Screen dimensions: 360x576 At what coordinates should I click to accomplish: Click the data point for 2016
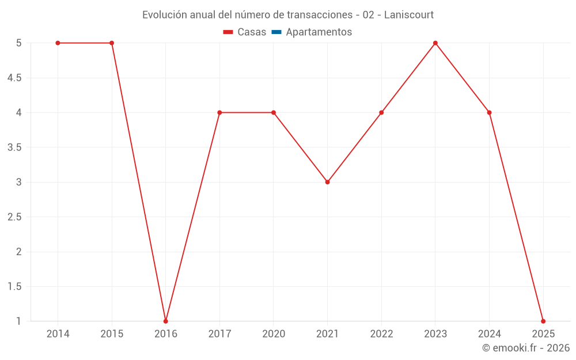click(x=166, y=321)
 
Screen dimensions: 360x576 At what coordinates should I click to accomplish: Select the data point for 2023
click(x=435, y=43)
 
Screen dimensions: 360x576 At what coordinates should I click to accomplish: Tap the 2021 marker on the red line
click(x=327, y=182)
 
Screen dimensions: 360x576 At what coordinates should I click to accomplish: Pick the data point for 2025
click(x=543, y=321)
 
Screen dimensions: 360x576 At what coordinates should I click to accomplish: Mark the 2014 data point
click(x=58, y=43)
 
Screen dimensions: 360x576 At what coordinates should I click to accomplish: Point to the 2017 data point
click(x=219, y=112)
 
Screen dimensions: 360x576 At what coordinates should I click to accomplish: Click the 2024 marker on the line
click(x=489, y=112)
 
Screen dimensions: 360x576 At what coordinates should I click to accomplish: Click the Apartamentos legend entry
click(x=319, y=32)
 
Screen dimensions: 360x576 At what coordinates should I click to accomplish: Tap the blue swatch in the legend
click(x=276, y=32)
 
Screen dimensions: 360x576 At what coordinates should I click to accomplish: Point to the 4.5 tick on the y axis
click(x=14, y=78)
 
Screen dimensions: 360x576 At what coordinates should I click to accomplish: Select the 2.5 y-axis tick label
click(x=14, y=217)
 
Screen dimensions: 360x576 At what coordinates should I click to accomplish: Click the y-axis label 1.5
click(x=14, y=286)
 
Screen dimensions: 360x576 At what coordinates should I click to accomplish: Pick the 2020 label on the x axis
click(x=274, y=334)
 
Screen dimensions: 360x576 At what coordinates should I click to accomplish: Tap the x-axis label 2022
click(x=381, y=334)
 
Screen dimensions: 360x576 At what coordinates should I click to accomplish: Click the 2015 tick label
click(x=112, y=334)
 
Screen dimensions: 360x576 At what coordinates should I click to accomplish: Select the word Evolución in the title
click(x=164, y=14)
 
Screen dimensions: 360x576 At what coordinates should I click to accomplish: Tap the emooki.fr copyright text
click(x=526, y=348)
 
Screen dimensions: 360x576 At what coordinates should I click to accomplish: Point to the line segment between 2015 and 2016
click(x=139, y=182)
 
